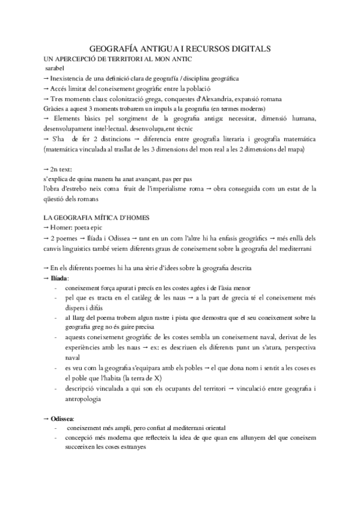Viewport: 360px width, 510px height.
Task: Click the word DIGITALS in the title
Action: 248,49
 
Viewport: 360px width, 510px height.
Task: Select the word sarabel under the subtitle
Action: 57,69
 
